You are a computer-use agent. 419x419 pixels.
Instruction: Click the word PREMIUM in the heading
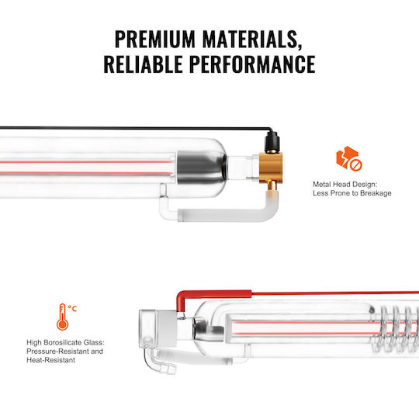pyautogui.click(x=155, y=39)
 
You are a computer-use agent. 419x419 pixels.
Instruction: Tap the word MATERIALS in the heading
pyautogui.click(x=252, y=40)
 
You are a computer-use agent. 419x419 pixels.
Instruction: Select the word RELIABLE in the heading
pyautogui.click(x=144, y=64)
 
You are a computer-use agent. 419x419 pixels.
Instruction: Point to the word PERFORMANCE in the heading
pyautogui.click(x=252, y=64)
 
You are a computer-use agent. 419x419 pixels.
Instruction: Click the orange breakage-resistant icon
pyautogui.click(x=348, y=158)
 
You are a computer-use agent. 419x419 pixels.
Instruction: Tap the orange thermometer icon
pyautogui.click(x=62, y=317)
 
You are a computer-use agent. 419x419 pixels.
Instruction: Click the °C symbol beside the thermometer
pyautogui.click(x=72, y=309)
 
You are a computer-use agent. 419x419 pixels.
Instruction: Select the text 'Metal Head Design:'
pyautogui.click(x=345, y=184)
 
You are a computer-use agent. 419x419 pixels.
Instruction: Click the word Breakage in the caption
pyautogui.click(x=376, y=193)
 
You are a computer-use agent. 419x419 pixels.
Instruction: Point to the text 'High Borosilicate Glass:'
pyautogui.click(x=65, y=342)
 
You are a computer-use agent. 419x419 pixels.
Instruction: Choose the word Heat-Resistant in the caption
pyautogui.click(x=50, y=360)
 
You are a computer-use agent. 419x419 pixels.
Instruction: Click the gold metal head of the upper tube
pyautogui.click(x=271, y=168)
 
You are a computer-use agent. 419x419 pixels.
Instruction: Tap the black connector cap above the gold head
pyautogui.click(x=272, y=143)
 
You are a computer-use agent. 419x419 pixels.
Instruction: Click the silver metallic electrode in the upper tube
pyautogui.click(x=202, y=168)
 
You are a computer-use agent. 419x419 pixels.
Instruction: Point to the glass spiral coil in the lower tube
pyautogui.click(x=398, y=329)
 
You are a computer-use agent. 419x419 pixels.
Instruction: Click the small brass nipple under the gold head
pyautogui.click(x=272, y=185)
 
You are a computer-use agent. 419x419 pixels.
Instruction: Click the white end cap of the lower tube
pyautogui.click(x=158, y=329)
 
